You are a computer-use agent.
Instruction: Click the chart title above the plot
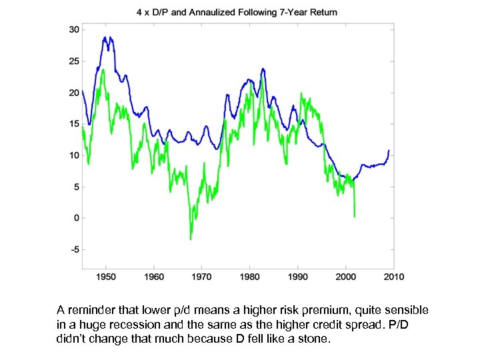[237, 12]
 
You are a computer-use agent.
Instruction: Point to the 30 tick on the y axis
[74, 29]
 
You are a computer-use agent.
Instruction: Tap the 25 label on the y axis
[74, 61]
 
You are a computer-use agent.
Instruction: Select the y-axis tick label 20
[74, 93]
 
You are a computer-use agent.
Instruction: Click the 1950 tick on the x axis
[106, 276]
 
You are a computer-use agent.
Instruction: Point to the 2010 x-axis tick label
[394, 276]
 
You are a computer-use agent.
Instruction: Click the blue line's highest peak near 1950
[105, 37]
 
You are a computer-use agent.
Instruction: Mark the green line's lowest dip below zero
[191, 239]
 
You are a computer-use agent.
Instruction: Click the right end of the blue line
[389, 151]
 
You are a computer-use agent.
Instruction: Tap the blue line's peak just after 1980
[263, 69]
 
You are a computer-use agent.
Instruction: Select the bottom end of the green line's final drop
[355, 216]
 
